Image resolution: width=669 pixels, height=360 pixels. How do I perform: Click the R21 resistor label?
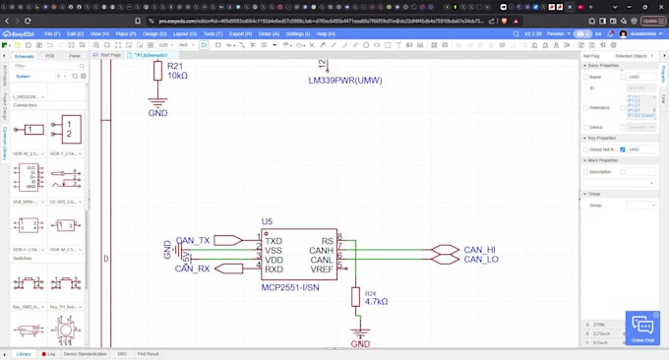(176, 65)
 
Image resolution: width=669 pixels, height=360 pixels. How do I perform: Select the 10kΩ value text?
(178, 76)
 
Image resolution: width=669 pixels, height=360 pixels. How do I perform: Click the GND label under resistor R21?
(157, 113)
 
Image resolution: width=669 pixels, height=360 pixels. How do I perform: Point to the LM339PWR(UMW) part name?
(344, 81)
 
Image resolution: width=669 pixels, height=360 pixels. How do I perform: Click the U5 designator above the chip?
(267, 221)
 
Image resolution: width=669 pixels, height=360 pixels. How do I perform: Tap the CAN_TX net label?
(193, 240)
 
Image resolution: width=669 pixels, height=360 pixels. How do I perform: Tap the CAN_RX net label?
(193, 268)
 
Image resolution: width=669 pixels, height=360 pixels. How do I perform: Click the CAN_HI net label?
(480, 250)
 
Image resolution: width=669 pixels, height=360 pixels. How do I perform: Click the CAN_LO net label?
(480, 260)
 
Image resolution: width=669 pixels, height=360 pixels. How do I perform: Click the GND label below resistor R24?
(361, 344)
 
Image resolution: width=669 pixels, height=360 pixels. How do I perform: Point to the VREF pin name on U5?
(320, 270)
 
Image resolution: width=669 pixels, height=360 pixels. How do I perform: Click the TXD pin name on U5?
(274, 241)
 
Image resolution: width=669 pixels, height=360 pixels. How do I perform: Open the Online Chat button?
(641, 329)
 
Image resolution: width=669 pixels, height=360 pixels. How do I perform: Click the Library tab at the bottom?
(23, 353)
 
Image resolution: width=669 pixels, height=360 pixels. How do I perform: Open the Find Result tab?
(149, 353)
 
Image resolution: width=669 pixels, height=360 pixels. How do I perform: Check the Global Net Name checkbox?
(623, 149)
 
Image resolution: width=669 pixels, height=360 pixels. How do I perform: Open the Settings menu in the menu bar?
(296, 33)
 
